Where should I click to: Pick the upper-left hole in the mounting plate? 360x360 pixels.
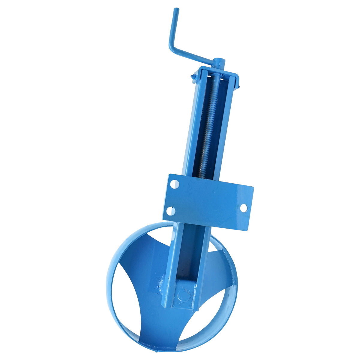click(174, 184)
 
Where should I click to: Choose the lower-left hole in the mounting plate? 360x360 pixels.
click(170, 211)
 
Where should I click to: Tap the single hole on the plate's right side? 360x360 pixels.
click(244, 207)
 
